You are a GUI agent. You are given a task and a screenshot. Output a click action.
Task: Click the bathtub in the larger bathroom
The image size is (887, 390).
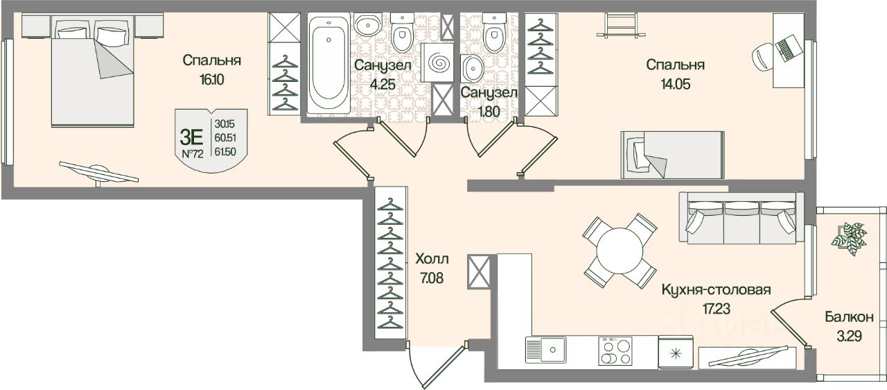tap(328, 63)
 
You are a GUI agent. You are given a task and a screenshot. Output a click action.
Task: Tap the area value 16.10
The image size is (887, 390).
tap(212, 80)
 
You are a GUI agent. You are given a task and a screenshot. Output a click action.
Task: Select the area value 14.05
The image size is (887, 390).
tap(675, 84)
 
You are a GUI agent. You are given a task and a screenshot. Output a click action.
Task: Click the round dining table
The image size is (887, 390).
tap(620, 251)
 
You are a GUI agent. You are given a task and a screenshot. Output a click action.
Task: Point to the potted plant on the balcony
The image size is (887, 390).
tap(850, 238)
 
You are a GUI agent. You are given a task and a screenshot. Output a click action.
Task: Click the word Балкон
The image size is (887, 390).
tap(849, 316)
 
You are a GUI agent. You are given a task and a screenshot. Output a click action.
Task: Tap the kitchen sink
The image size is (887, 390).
tap(546, 349)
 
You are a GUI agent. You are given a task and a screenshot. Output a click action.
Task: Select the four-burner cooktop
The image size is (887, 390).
tap(615, 350)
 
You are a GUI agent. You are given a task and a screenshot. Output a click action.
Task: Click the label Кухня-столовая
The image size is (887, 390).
tap(716, 290)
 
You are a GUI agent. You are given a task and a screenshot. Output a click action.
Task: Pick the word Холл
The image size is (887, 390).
tap(432, 260)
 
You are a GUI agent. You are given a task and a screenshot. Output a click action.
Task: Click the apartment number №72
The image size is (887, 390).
tap(193, 153)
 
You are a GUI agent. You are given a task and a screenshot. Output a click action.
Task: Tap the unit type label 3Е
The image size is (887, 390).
tap(191, 137)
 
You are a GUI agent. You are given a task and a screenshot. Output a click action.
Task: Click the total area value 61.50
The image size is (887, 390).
tap(225, 151)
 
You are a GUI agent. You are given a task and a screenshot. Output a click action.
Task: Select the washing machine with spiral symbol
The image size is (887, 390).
tap(437, 62)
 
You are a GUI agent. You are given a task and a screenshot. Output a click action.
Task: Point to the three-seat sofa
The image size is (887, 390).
tap(741, 219)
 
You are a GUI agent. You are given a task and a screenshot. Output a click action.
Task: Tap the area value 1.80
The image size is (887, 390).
tap(489, 111)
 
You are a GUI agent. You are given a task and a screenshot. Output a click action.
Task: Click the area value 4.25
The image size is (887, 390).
tap(383, 84)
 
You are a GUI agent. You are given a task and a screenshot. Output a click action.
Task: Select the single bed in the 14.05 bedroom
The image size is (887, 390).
tap(672, 155)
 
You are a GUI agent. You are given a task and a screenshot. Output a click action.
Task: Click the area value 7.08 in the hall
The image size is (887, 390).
tap(432, 278)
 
